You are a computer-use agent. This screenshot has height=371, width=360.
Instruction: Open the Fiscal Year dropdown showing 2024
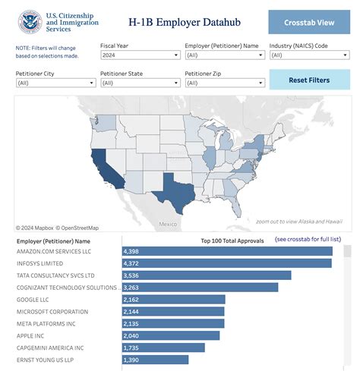tap(139, 55)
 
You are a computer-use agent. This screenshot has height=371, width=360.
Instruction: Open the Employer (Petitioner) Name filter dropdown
tap(223, 55)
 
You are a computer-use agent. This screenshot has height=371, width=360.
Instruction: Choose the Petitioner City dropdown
tap(55, 83)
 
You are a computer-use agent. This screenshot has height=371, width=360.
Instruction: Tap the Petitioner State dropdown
tap(139, 83)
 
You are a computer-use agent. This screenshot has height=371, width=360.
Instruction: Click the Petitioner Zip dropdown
tap(223, 83)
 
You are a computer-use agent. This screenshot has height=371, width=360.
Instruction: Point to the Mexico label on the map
tap(168, 225)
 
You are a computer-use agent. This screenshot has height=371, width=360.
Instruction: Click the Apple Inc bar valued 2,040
tap(171, 335)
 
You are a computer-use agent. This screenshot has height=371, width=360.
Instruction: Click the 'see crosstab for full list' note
tap(308, 240)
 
